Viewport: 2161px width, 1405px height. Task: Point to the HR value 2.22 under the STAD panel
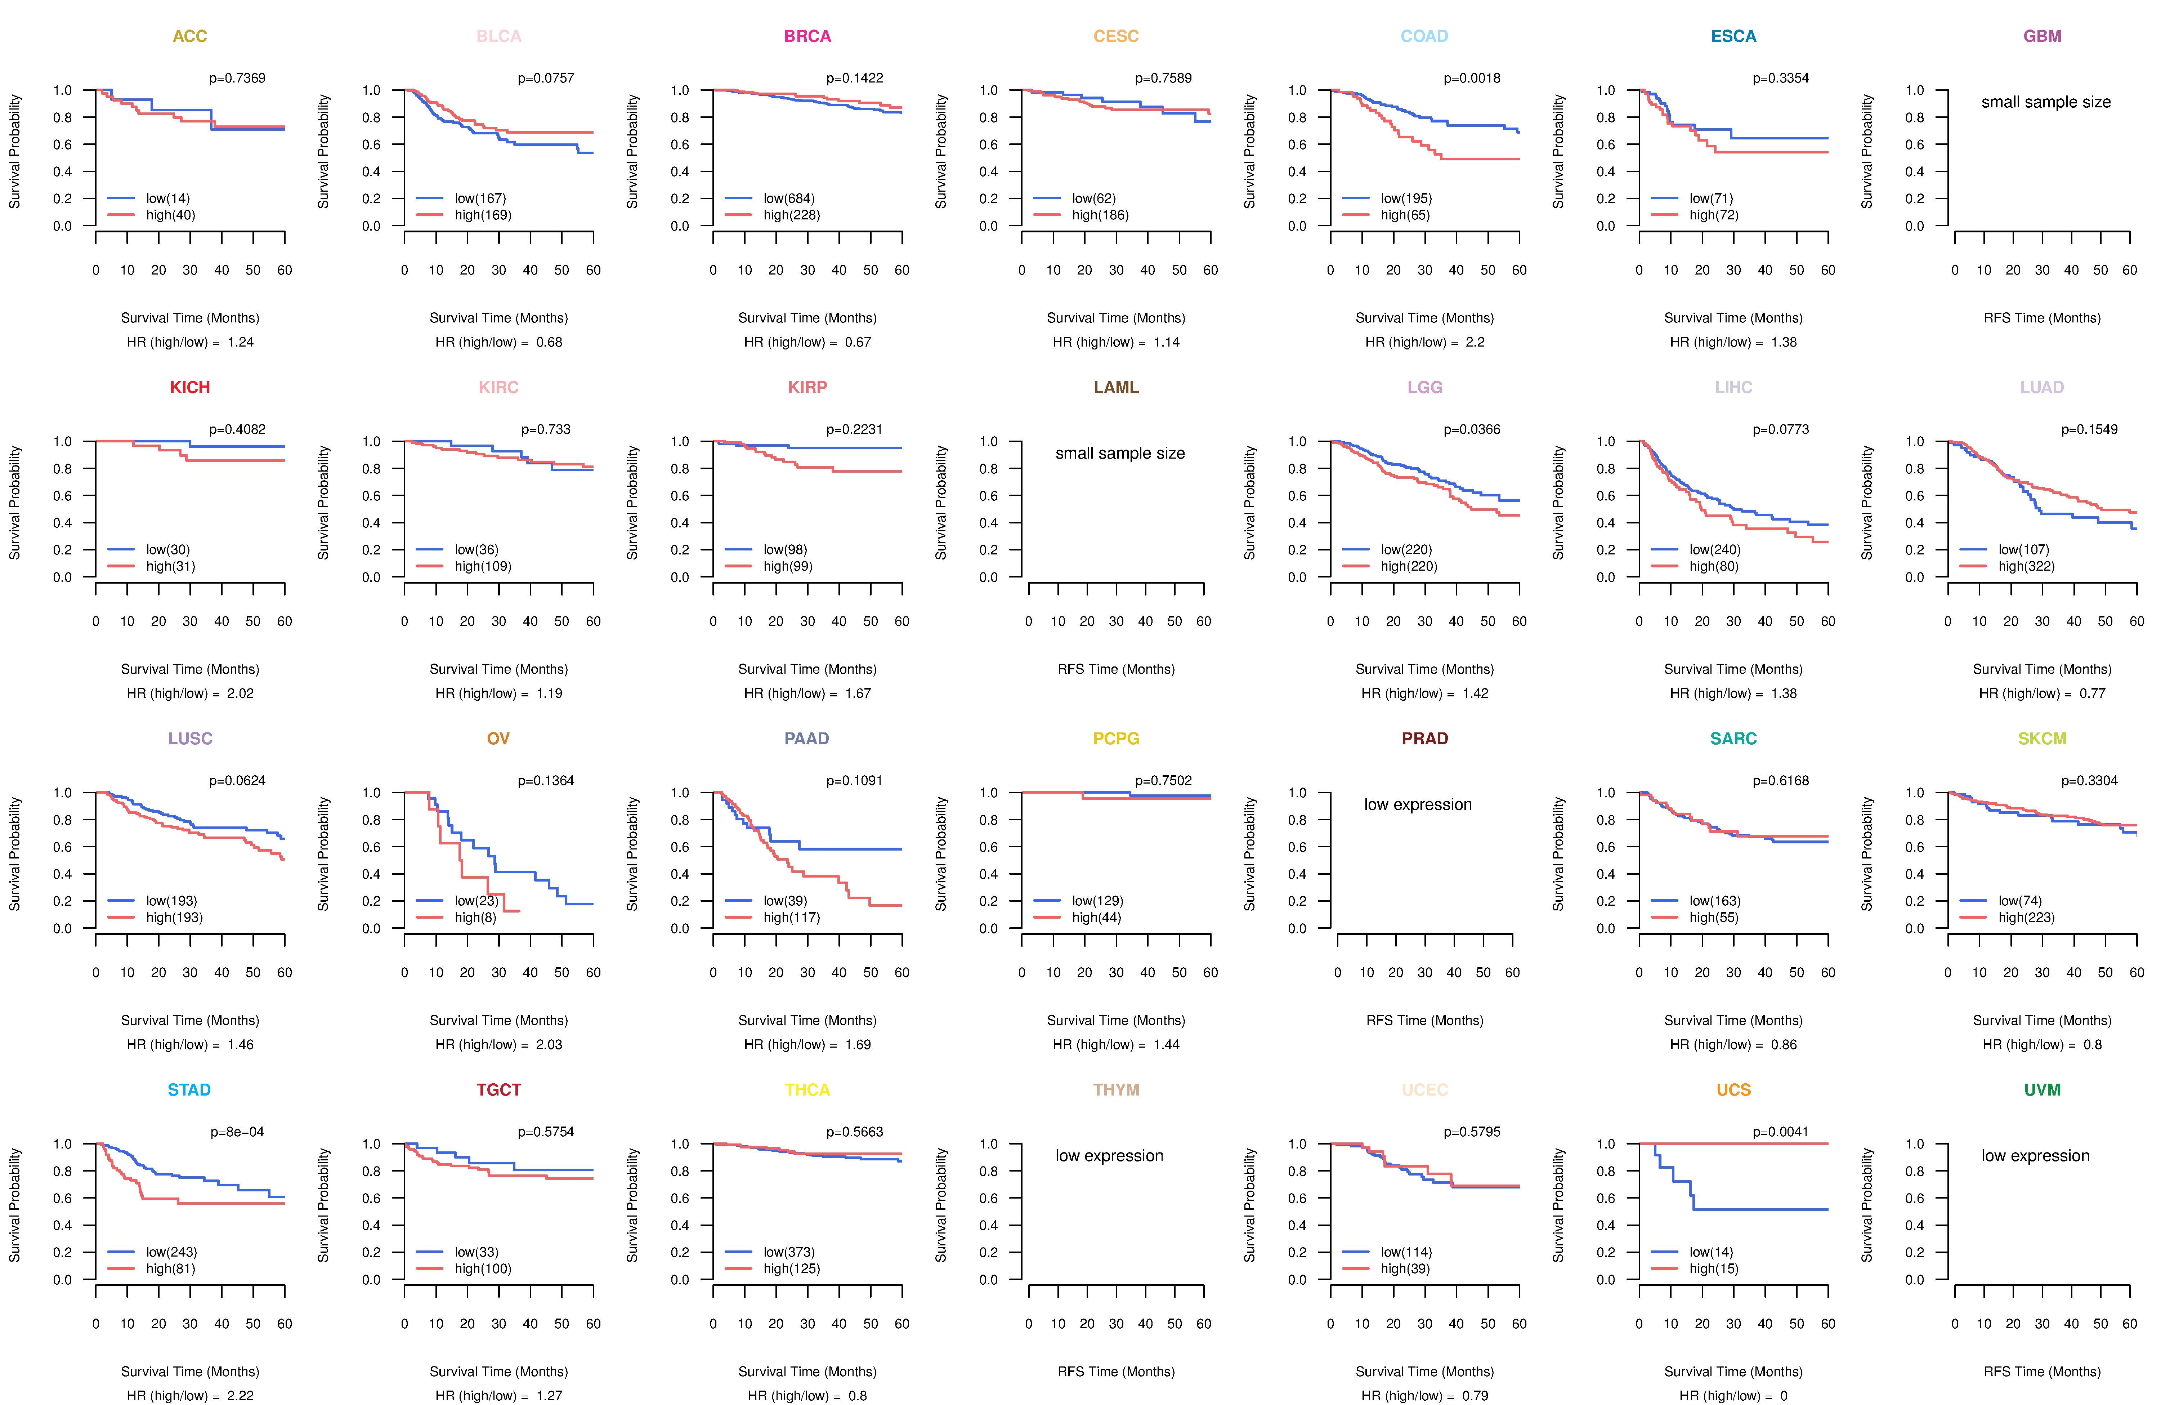click(241, 1396)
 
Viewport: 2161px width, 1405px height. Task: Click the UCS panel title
click(1733, 1090)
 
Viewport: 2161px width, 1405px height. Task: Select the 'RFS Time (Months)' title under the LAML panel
click(1116, 669)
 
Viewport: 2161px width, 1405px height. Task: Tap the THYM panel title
click(1116, 1090)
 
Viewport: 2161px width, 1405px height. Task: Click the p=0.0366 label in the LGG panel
click(1472, 429)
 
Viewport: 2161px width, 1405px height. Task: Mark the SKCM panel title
click(2042, 739)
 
